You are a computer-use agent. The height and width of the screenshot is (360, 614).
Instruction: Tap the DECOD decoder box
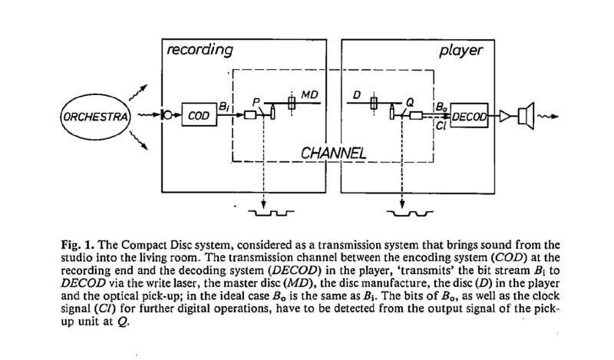(x=470, y=117)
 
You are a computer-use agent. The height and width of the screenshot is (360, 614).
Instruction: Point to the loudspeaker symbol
(x=524, y=117)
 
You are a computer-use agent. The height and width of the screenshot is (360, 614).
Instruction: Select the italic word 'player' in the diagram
(x=460, y=51)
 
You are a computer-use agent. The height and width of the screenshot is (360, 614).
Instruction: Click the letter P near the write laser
(x=258, y=99)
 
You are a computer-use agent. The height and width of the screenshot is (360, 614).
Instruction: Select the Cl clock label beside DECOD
(x=441, y=127)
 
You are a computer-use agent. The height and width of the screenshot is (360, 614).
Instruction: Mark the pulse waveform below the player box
(x=408, y=207)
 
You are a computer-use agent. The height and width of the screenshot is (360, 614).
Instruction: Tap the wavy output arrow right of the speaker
(x=546, y=117)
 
